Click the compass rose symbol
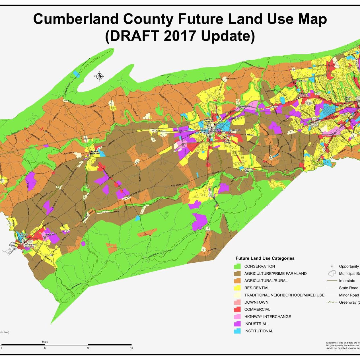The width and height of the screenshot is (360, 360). tap(99, 76)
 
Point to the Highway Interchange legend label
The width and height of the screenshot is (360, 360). tap(268, 316)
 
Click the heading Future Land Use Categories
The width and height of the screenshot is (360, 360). tap(265, 258)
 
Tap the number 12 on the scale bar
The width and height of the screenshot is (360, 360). tap(88, 348)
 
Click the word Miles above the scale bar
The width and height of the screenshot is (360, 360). tap(45, 342)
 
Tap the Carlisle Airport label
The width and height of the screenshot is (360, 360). tap(227, 141)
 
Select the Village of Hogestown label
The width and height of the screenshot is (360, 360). tap(304, 95)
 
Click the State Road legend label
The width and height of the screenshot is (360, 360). tap(349, 288)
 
